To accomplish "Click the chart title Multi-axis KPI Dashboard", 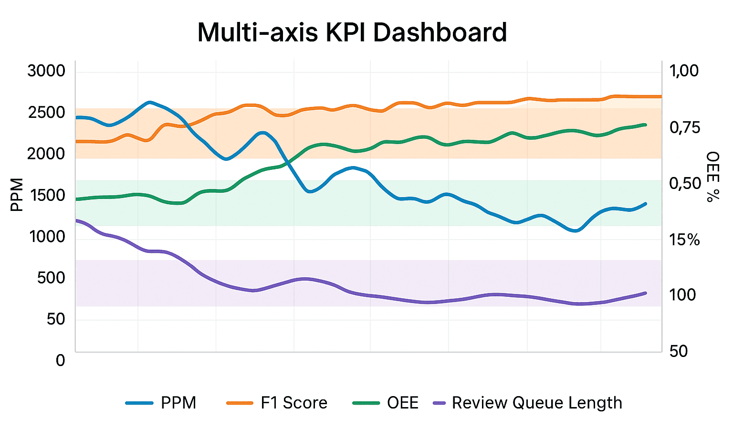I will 352,32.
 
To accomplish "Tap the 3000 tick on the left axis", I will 46,71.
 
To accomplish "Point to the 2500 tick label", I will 46,113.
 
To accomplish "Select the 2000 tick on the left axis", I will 46,154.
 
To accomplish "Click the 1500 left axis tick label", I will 46,195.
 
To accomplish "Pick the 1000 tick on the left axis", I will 47,236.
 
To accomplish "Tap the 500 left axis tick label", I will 51,278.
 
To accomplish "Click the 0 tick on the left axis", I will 60,360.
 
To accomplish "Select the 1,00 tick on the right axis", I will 684,71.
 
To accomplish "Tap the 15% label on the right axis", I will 684,240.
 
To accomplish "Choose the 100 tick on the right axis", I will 682,295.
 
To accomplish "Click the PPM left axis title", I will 17,195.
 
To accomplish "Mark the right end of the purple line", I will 646,293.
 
